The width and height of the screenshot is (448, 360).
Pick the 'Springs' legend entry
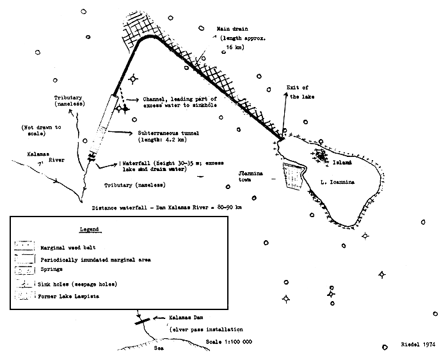(x=53, y=270)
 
